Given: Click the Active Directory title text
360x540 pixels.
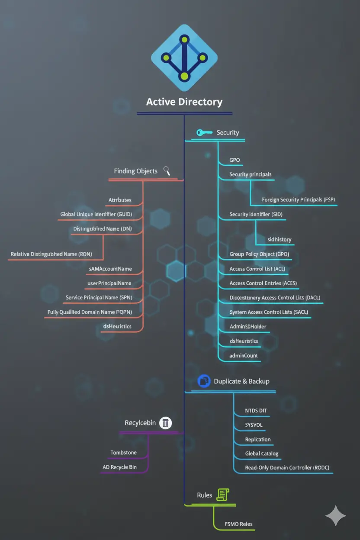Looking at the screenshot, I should pyautogui.click(x=184, y=102).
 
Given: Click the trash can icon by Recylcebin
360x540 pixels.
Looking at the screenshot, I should pyautogui.click(x=166, y=423).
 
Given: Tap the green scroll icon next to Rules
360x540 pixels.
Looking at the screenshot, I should pyautogui.click(x=223, y=495).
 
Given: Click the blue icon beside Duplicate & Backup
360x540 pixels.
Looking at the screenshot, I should pyautogui.click(x=203, y=381).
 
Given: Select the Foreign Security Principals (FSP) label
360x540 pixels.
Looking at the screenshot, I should pyautogui.click(x=299, y=200).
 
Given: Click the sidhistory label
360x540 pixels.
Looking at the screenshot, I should pyautogui.click(x=280, y=239).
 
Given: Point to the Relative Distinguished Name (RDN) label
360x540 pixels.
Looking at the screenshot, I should pyautogui.click(x=51, y=254).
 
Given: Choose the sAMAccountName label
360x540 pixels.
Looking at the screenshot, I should pyautogui.click(x=110, y=269).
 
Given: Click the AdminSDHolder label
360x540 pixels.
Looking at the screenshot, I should pyautogui.click(x=248, y=327).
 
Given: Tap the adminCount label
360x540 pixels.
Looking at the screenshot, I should pyautogui.click(x=244, y=356).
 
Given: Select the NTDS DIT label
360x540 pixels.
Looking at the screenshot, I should pyautogui.click(x=256, y=411).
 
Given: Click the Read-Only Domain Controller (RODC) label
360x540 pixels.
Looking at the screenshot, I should pyautogui.click(x=284, y=468).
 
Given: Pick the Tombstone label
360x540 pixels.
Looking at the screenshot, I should pyautogui.click(x=123, y=453).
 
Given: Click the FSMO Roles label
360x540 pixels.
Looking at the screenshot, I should pyautogui.click(x=239, y=524).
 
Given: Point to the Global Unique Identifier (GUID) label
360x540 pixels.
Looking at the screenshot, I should pyautogui.click(x=96, y=214).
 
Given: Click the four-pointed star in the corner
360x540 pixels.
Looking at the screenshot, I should pyautogui.click(x=336, y=516).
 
